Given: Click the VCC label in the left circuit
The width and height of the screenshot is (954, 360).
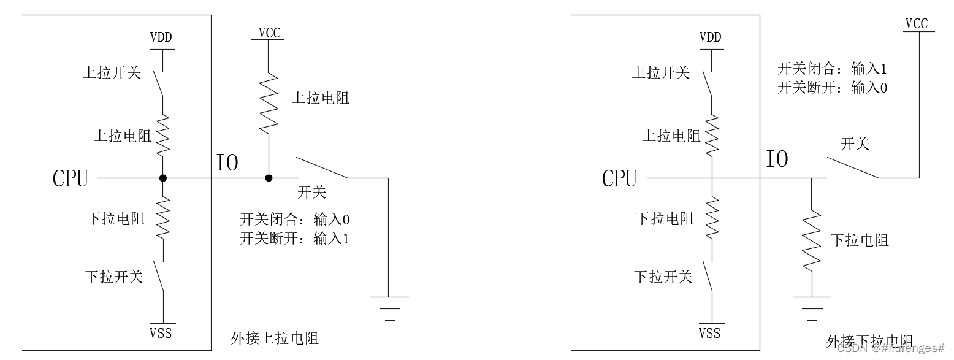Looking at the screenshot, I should coord(269,33).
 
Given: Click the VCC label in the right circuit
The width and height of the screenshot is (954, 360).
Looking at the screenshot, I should coord(917,24).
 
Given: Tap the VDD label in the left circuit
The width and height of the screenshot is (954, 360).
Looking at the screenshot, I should coord(161,37).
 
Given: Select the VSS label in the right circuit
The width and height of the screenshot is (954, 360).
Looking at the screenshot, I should coord(710,333).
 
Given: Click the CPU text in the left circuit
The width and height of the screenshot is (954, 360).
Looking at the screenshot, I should coord(71,179).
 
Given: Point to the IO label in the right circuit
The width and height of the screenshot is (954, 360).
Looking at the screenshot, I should coord(777,160).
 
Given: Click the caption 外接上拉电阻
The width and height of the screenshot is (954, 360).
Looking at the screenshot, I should coord(275,338).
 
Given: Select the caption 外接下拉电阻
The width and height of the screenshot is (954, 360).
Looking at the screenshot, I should coord(869,341).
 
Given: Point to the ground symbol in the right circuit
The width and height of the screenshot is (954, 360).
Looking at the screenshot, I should coord(812,308).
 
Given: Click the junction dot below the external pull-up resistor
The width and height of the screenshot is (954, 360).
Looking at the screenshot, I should coord(269,178).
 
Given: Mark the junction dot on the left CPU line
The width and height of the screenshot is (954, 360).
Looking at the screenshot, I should coord(162,178).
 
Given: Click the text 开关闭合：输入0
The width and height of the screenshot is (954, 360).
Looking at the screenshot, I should coord(294,220).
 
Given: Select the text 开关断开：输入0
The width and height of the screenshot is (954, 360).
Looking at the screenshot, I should coord(832,88).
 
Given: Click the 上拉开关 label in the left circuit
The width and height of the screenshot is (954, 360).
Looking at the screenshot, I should coord(112,73).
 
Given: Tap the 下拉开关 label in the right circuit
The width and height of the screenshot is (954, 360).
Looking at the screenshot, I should coord(663,277).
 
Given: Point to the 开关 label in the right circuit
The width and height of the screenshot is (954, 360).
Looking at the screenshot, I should coord(855,145).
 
